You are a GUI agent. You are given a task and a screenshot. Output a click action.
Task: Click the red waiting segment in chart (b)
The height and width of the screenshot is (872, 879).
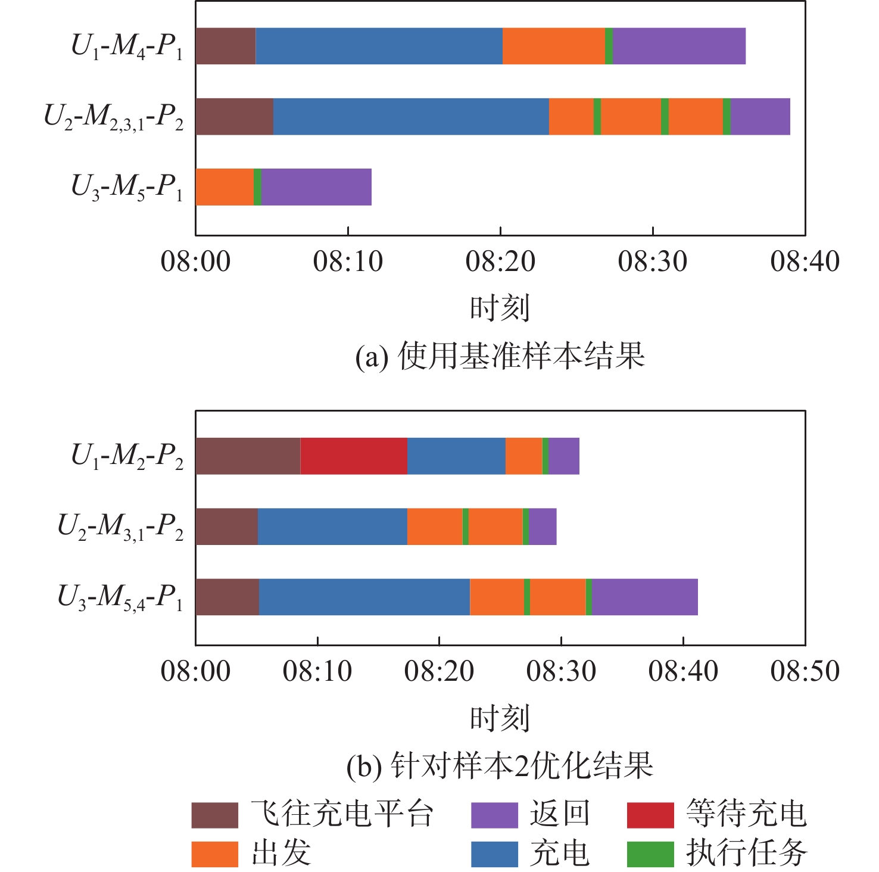point(354,456)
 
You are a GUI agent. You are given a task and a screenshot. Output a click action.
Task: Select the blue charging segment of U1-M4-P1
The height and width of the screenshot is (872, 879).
point(379,46)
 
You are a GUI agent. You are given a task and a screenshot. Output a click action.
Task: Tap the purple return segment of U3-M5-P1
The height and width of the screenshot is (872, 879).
point(316,187)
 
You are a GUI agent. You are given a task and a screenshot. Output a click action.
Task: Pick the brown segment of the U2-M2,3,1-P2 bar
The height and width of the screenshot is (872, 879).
point(234,117)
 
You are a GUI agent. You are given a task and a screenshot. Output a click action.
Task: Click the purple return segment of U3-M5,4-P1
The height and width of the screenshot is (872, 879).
point(644,597)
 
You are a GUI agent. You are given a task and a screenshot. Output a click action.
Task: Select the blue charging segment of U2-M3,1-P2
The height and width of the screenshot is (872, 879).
point(332,527)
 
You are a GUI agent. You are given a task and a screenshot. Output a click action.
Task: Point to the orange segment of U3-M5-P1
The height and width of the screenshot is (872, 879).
point(225,187)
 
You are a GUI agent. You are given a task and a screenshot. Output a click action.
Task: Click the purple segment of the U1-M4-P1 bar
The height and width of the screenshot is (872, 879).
point(679,46)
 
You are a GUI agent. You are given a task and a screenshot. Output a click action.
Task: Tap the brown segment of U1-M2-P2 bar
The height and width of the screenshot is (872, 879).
point(248,456)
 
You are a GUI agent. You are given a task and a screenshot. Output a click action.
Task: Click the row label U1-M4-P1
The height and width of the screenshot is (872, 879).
point(127,46)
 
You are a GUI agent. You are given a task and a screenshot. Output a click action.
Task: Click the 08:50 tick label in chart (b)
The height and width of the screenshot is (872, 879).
point(805,671)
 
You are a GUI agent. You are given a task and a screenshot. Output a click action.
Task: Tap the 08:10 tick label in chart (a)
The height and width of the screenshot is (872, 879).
point(348,261)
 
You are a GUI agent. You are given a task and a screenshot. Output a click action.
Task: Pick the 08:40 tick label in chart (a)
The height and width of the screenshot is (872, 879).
point(805,261)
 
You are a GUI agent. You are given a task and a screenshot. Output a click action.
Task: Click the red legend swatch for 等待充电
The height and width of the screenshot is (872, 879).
point(650,815)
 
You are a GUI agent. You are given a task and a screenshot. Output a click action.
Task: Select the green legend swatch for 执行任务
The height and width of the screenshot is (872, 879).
point(650,854)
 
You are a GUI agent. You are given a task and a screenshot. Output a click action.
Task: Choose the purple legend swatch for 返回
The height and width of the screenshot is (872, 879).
point(494,815)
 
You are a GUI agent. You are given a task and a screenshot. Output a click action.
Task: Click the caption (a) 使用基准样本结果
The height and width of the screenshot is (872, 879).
point(500,356)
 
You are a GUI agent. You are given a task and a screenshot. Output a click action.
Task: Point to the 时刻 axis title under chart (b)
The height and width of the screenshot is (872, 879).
point(500,718)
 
